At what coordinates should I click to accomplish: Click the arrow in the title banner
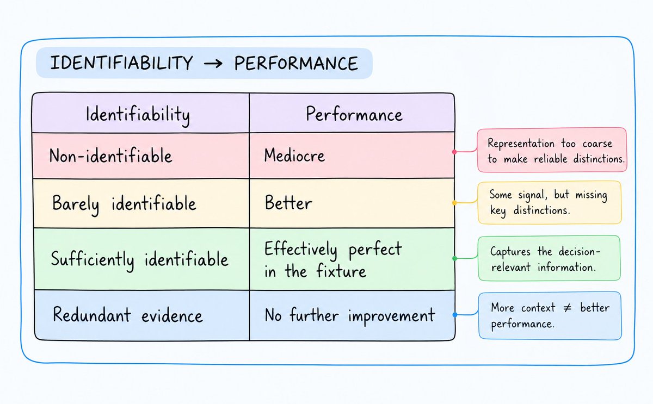pos(213,64)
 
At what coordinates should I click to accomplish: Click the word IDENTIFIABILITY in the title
pos(121,63)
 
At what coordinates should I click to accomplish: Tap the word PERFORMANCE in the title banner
pos(296,64)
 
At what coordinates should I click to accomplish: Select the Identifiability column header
pos(141,113)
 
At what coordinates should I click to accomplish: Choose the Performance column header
pos(352,113)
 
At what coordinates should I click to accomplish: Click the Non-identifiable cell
pos(141,156)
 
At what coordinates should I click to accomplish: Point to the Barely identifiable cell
pos(141,203)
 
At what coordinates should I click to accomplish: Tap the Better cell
pos(352,203)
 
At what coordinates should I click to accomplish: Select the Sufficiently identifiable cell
pos(142,259)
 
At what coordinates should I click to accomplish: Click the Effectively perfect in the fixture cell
pos(352,259)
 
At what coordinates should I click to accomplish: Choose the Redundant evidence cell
pos(142,315)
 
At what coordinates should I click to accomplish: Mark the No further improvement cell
pos(352,315)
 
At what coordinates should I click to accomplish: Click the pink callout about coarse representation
pos(552,150)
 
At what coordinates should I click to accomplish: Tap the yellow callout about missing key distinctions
pos(550,202)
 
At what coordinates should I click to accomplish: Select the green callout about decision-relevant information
pos(549,258)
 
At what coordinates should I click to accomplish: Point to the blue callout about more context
pos(550,315)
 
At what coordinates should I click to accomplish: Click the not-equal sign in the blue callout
pos(567,308)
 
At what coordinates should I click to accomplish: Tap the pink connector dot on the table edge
pos(454,152)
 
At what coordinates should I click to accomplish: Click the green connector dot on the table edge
pos(454,258)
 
